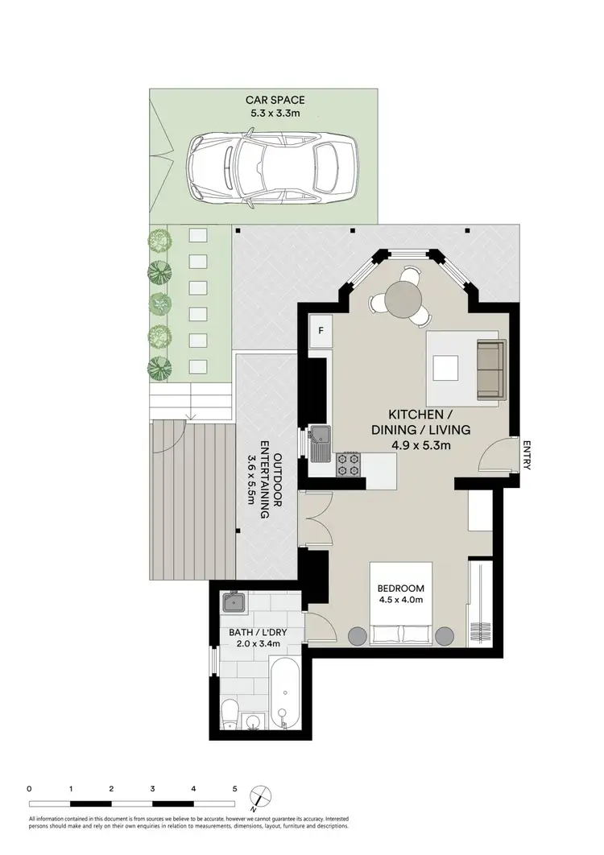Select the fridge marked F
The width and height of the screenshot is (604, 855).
[x=321, y=331]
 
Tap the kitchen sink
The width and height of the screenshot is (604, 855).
[x=321, y=443]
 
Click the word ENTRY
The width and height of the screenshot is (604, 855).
[x=527, y=456]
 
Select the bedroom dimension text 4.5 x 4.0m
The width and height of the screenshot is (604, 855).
[x=400, y=598]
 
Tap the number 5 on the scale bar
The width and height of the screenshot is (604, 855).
[x=234, y=788]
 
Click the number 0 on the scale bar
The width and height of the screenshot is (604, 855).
[x=29, y=788]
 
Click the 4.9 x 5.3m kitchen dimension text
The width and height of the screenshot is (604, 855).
[x=420, y=444]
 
